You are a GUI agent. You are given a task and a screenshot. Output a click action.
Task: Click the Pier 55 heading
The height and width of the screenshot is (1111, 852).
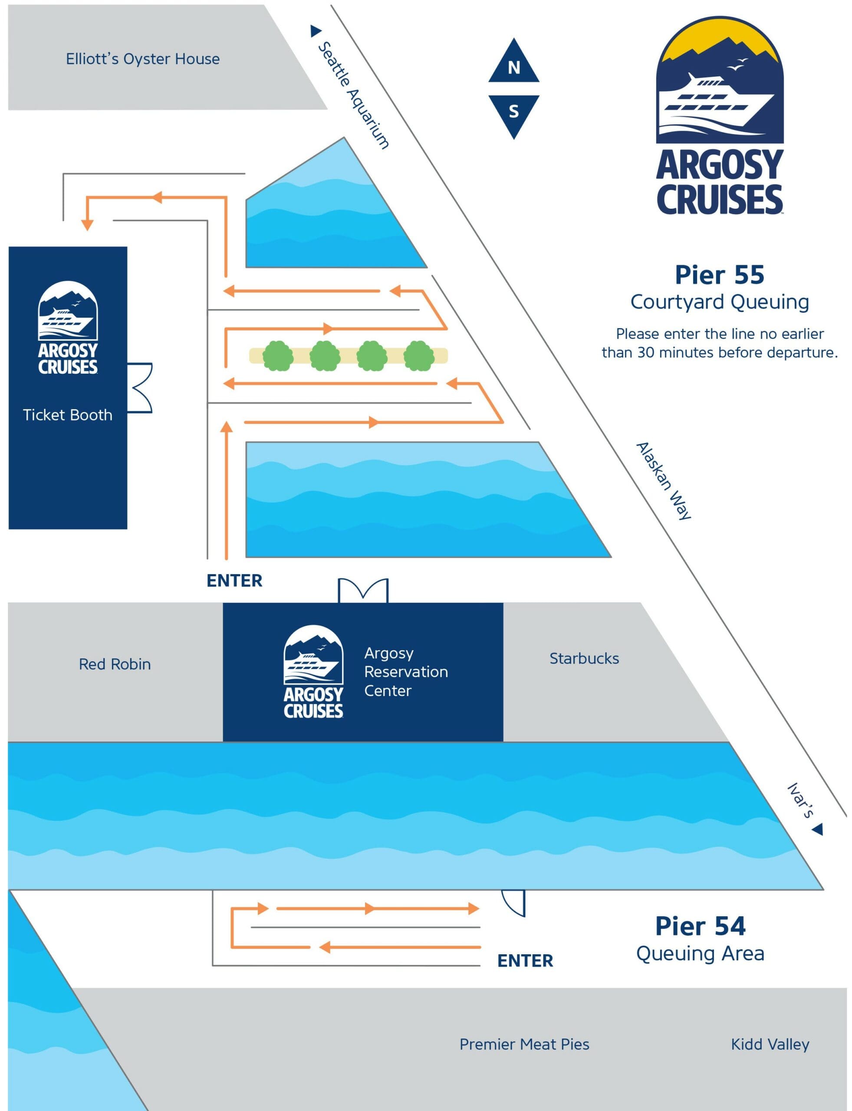pos(719,275)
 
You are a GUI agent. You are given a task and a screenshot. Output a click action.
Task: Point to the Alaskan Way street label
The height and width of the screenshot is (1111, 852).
pos(664,481)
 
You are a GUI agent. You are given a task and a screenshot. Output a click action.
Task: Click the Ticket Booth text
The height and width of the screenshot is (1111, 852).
pos(67,415)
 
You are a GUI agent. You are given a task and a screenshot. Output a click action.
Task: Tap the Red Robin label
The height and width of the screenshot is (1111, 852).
pos(115,664)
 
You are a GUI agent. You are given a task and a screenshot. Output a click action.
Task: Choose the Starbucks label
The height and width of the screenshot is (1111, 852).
pos(584,658)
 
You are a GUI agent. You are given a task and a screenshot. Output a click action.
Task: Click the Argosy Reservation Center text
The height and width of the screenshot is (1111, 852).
pos(406,671)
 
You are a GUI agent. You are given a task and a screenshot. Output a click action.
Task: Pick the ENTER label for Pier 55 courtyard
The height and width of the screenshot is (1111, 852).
pos(234,581)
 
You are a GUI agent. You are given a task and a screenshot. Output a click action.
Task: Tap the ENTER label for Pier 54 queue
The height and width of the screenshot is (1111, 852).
pos(525,961)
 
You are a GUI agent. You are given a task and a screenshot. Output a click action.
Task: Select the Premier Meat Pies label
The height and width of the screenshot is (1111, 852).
pos(524,1044)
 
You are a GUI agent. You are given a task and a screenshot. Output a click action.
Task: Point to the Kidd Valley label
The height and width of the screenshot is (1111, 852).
pos(770,1044)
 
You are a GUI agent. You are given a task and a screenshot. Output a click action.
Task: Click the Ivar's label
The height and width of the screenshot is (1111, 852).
pos(800,801)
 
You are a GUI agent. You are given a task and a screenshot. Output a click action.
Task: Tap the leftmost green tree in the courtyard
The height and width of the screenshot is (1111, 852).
pos(277,355)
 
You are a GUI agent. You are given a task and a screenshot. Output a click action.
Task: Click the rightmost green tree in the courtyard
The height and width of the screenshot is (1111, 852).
pos(419,355)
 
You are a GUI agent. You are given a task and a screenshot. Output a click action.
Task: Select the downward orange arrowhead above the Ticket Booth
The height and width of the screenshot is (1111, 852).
pos(87,225)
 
